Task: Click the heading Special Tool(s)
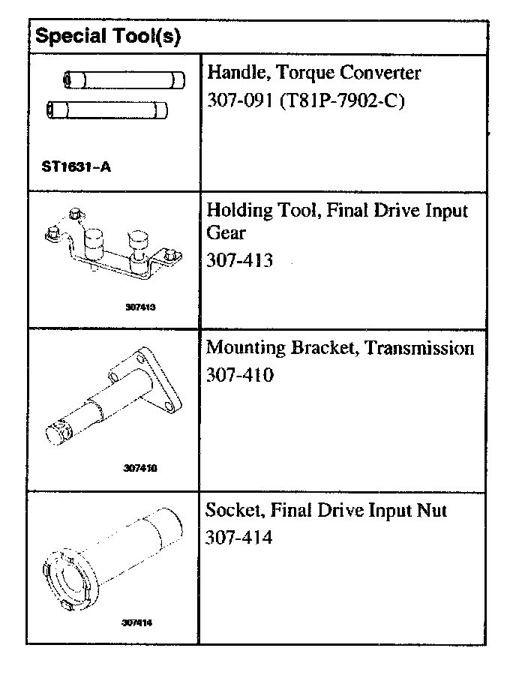click(x=109, y=35)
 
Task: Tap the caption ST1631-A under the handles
click(x=76, y=166)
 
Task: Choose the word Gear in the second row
click(x=226, y=234)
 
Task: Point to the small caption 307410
click(x=140, y=468)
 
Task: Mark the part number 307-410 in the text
click(x=239, y=374)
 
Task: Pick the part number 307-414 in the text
click(x=239, y=538)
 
